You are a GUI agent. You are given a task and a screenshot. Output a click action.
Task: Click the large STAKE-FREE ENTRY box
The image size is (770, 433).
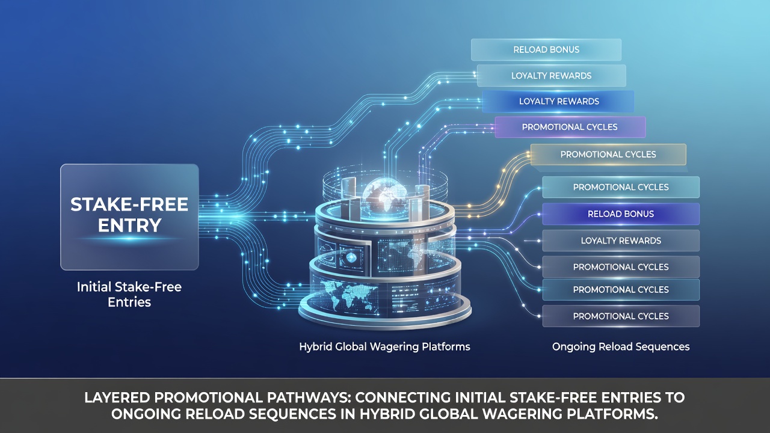[129, 217]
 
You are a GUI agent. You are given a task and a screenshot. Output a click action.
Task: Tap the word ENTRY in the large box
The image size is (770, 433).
[129, 226]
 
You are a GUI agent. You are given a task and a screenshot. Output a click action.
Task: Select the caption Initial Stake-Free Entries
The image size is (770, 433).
[129, 295]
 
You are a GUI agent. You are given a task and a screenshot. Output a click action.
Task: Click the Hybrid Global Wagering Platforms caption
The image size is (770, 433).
[384, 347]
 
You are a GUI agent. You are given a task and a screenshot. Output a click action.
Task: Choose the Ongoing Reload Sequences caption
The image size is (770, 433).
[621, 347]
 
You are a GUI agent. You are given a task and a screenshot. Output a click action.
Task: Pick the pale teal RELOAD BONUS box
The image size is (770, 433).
[546, 49]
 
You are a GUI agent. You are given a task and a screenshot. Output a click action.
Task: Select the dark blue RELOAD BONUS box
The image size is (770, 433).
[621, 213]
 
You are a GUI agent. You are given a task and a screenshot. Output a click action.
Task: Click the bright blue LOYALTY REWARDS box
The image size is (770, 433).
[558, 102]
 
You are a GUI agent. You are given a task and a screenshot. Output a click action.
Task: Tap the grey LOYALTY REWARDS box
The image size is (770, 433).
[621, 241]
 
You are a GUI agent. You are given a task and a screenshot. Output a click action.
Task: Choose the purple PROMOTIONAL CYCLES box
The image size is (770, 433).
[570, 127]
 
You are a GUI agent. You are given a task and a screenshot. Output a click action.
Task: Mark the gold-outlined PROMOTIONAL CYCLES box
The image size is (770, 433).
[608, 155]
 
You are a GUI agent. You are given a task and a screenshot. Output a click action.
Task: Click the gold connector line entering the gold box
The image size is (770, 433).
[495, 182]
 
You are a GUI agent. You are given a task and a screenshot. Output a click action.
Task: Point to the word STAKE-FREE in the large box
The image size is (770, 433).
[129, 204]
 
